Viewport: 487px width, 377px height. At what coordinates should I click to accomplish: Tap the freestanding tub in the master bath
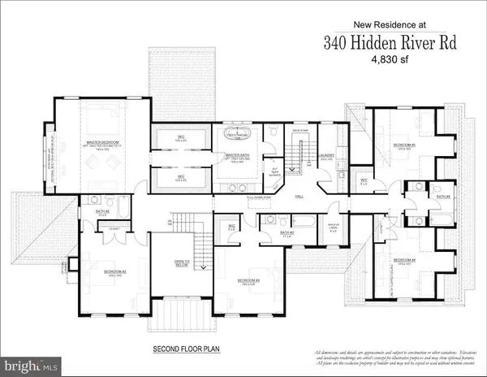[235, 134]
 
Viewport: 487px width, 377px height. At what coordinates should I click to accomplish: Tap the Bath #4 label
[442, 197]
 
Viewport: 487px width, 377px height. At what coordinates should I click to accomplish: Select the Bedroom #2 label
[95, 272]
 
